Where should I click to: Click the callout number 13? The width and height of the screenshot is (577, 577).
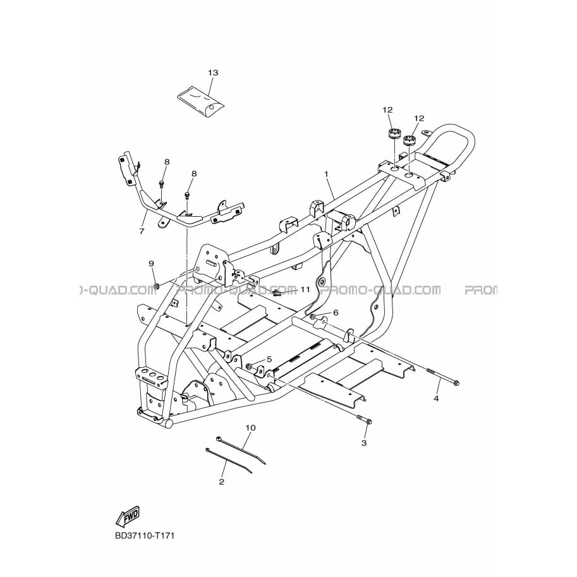(213, 73)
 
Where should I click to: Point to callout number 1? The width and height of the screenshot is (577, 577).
(325, 173)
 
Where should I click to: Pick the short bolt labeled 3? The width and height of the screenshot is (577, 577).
(364, 419)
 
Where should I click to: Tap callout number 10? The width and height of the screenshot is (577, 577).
(251, 428)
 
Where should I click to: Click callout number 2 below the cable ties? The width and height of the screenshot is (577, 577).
(222, 482)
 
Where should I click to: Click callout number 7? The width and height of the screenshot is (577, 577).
(142, 231)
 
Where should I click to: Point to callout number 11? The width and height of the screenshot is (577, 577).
(305, 289)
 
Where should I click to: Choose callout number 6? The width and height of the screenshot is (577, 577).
(336, 312)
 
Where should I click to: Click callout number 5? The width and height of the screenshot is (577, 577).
(269, 359)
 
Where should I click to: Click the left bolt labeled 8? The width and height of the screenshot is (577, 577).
(162, 185)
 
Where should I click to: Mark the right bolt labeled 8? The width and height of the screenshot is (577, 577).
(188, 196)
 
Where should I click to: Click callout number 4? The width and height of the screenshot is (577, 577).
(436, 398)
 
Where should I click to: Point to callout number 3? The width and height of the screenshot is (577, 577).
(364, 443)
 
